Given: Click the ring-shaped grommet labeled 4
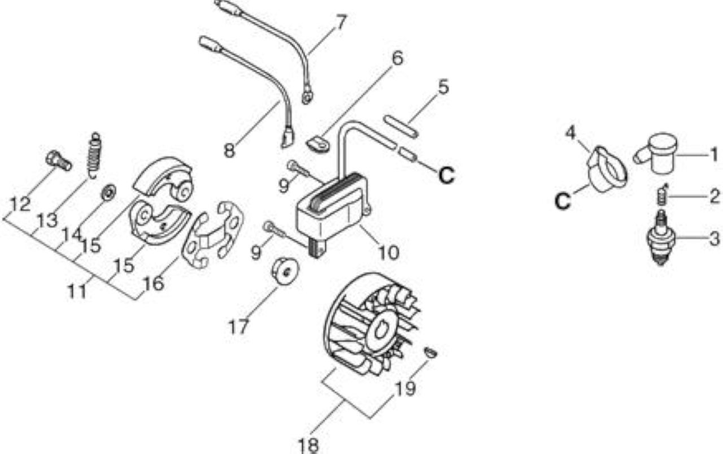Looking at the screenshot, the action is click(x=607, y=169).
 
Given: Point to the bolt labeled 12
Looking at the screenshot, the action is click(x=58, y=161).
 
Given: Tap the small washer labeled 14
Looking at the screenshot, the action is click(x=109, y=193).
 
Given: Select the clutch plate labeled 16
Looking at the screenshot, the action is click(x=212, y=234).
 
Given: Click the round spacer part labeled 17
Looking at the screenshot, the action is click(x=285, y=270).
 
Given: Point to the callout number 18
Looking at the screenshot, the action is click(x=308, y=446).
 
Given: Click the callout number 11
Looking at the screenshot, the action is click(x=77, y=291).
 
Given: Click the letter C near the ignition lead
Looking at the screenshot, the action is click(x=447, y=175).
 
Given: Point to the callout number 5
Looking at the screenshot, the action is click(x=443, y=87).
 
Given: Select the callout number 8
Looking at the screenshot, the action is click(x=229, y=150).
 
